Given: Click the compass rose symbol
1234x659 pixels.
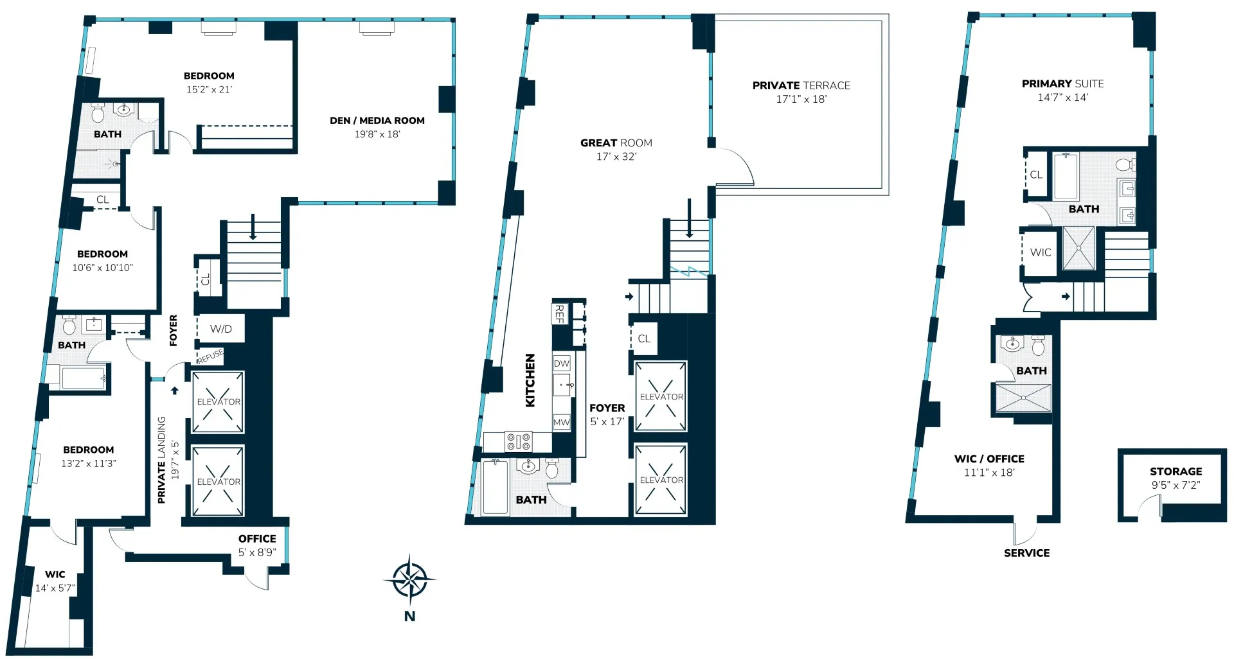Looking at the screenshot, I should [x=409, y=580].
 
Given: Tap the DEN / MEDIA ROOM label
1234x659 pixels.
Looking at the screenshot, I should [x=377, y=121].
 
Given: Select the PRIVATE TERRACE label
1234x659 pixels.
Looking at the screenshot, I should [x=801, y=85].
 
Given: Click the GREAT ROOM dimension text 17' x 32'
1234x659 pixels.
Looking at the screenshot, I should [x=616, y=157].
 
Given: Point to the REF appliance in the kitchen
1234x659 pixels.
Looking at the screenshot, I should [x=559, y=314].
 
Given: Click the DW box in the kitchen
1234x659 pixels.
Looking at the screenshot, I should [x=562, y=364].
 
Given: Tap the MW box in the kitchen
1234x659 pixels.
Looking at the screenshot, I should [x=561, y=422].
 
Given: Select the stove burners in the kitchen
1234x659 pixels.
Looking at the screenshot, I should [x=519, y=442].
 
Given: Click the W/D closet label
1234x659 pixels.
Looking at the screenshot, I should [x=220, y=329].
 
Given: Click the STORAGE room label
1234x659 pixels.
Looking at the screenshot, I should [x=1176, y=471].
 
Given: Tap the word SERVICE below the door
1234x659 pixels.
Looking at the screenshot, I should [x=1026, y=553].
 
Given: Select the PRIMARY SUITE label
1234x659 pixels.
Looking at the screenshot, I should [x=1062, y=84].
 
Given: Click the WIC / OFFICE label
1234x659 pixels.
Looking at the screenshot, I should [x=989, y=459].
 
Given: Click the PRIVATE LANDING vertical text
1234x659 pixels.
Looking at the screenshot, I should [x=162, y=459].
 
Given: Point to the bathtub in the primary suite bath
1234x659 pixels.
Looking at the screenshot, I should [x=1066, y=176].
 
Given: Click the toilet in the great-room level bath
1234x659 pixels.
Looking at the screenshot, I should [x=551, y=469].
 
